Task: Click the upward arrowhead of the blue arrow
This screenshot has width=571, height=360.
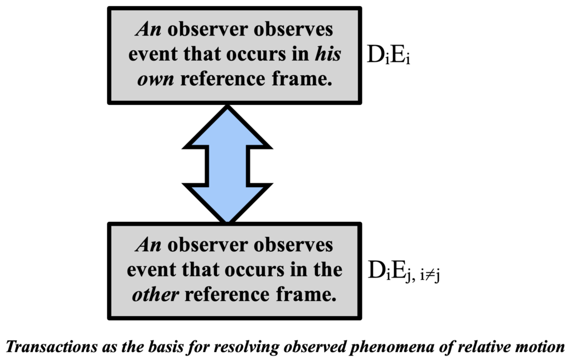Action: pyautogui.click(x=227, y=125)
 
